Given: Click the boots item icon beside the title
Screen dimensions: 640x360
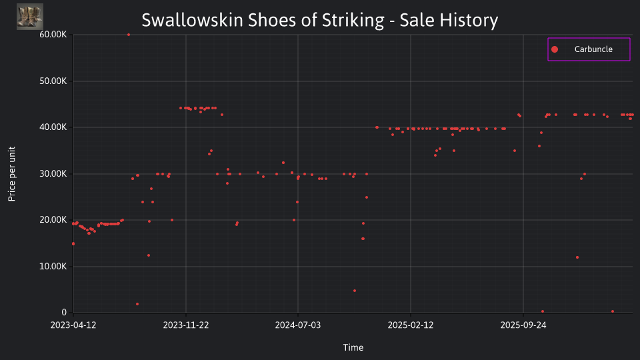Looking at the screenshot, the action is [30, 17].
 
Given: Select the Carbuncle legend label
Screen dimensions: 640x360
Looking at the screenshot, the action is [593, 49].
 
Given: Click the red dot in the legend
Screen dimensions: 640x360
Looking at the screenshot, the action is [555, 49].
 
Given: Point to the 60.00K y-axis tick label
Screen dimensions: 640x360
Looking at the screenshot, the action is [53, 35].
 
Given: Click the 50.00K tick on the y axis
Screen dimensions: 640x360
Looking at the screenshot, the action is [53, 81].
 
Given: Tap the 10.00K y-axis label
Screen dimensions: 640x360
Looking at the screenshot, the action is [53, 267].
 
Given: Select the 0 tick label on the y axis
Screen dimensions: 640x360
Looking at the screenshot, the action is [64, 313].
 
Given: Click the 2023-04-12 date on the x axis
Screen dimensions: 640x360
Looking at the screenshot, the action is [73, 325].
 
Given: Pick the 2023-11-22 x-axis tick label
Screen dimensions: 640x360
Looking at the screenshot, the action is [186, 325].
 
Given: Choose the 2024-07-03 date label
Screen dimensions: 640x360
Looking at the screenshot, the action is [298, 325].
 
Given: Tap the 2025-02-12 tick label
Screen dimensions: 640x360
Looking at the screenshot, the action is [411, 325].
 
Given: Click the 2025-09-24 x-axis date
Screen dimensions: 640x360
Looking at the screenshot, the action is [523, 325].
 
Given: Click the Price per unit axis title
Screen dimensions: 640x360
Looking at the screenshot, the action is [12, 174].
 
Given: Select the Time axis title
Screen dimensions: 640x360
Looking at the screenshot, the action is [353, 347].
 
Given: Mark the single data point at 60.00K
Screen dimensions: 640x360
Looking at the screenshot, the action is [129, 35].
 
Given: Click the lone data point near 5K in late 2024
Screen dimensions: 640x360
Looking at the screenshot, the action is [355, 291].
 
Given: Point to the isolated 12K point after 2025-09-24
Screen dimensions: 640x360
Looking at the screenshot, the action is [577, 257].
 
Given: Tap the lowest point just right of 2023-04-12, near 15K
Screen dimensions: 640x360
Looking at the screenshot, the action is [73, 244].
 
